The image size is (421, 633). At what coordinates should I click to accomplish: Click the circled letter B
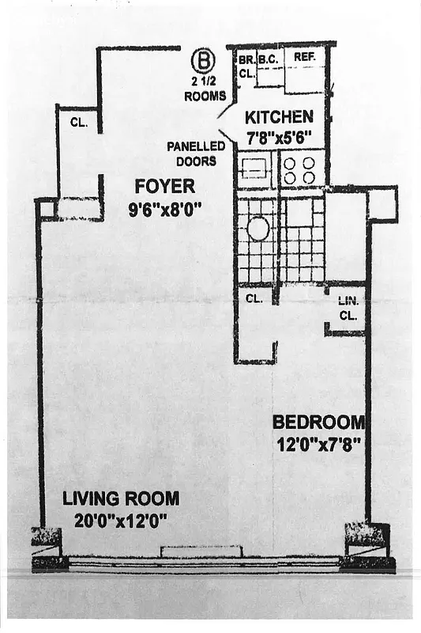pyautogui.click(x=205, y=60)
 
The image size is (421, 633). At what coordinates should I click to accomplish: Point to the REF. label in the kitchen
pyautogui.click(x=304, y=58)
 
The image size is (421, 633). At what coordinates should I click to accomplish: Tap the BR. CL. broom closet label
pyautogui.click(x=246, y=65)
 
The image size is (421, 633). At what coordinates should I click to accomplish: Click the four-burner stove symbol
pyautogui.click(x=299, y=169)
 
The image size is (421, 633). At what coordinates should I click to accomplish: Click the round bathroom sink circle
pyautogui.click(x=257, y=229)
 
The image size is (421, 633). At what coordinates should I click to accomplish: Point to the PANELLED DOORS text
pyautogui.click(x=196, y=153)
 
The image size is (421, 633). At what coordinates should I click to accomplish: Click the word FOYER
pyautogui.click(x=164, y=187)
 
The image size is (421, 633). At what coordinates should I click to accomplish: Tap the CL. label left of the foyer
pyautogui.click(x=78, y=123)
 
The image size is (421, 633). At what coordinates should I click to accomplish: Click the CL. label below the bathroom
pyautogui.click(x=254, y=299)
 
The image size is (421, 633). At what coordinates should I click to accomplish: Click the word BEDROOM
pyautogui.click(x=318, y=422)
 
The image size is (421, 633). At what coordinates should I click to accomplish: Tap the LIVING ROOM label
pyautogui.click(x=121, y=498)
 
